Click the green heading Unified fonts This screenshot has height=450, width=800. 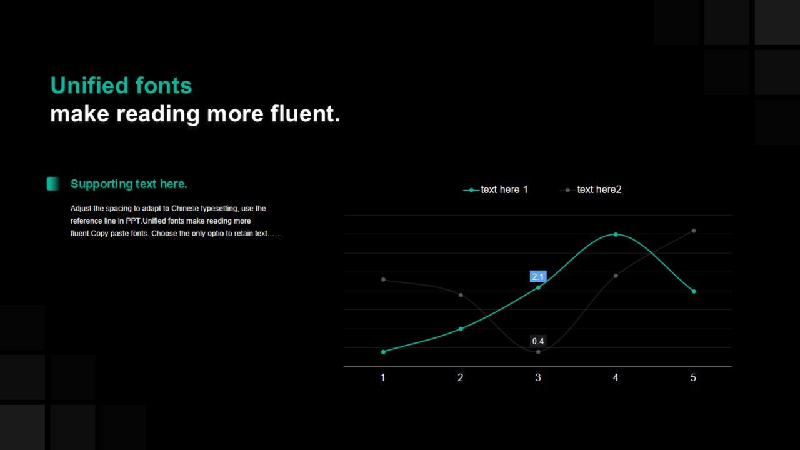tap(121, 86)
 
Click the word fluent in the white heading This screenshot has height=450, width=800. tap(302, 114)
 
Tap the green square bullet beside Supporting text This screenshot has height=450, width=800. tap(53, 184)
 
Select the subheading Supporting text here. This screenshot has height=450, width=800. tap(129, 184)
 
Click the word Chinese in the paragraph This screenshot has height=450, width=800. tap(184, 209)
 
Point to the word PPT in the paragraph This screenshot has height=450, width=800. tap(133, 221)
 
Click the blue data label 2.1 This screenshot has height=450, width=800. tap(538, 277)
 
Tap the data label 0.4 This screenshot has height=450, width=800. tap(538, 341)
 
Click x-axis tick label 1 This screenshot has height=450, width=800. tap(383, 378)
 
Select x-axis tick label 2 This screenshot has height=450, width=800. tap(461, 378)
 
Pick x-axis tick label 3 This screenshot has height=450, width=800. tap(538, 378)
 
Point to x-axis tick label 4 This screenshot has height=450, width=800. tap(616, 378)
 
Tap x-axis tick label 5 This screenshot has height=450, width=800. tap(693, 378)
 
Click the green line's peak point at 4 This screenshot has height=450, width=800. tap(616, 234)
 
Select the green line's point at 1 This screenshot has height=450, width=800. tap(383, 352)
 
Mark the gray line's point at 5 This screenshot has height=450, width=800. tap(694, 231)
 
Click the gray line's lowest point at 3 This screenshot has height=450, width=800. tap(538, 352)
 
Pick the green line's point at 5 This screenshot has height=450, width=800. tap(694, 291)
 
